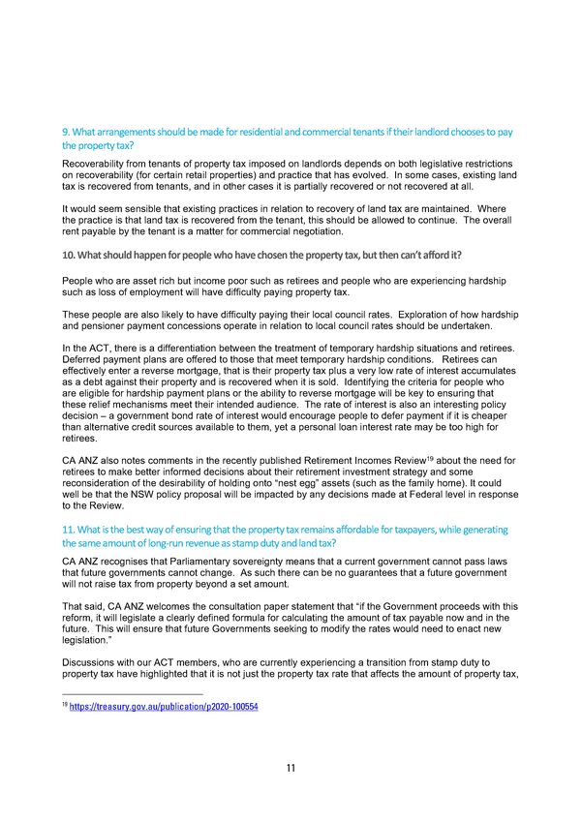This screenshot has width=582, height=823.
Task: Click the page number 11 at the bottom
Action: (x=291, y=768)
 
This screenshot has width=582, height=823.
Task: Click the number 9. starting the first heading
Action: (x=65, y=131)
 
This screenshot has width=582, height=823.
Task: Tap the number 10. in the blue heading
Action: (x=68, y=255)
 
